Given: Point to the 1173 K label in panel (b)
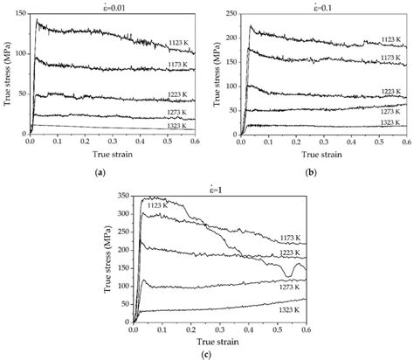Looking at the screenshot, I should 391,56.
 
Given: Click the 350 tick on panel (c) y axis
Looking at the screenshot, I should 120,197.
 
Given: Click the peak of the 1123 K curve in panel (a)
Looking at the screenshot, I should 36,20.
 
